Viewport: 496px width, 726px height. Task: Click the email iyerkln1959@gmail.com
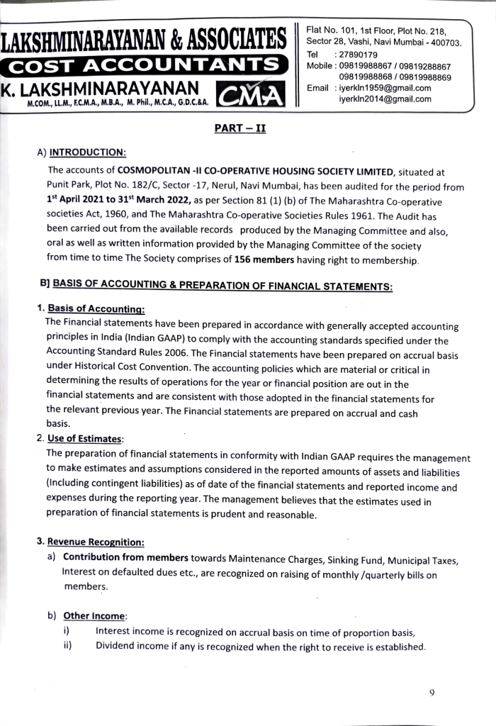pos(385,88)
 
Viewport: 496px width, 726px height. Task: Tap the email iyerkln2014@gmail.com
pos(385,99)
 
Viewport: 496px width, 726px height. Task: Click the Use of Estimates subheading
pos(85,438)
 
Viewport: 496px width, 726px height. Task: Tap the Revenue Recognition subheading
pos(96,542)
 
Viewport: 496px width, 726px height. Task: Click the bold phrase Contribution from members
pos(125,557)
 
